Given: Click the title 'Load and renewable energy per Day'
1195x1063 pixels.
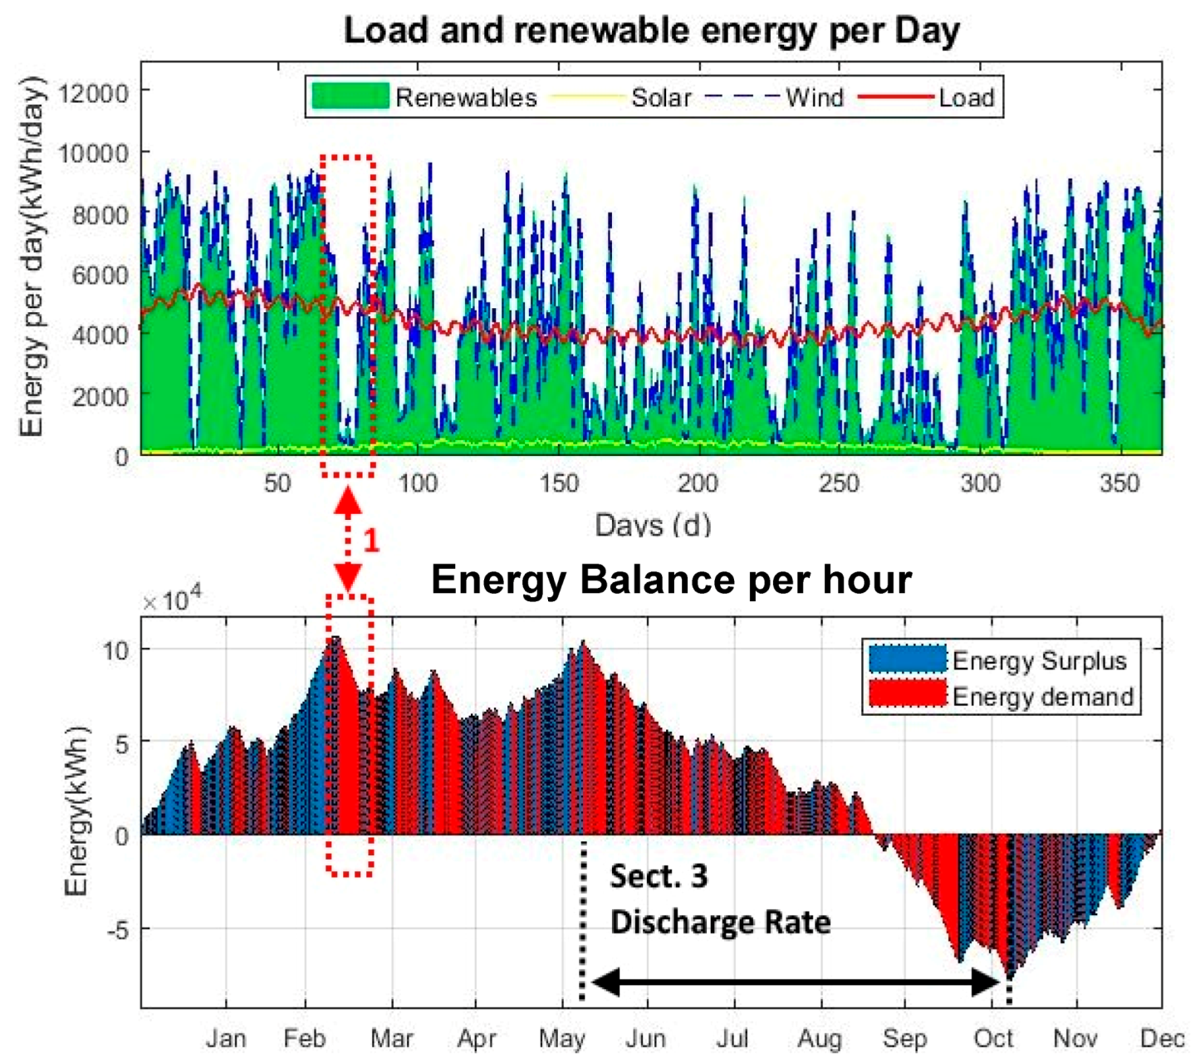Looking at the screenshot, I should [651, 31].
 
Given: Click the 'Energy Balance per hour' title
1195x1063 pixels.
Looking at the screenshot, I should [671, 579].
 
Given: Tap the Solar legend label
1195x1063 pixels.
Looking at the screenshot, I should [661, 98].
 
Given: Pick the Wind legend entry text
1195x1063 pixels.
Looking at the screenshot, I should [814, 98].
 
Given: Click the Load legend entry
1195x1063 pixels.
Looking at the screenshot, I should [966, 98].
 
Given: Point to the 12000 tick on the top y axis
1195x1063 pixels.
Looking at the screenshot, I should [98, 92].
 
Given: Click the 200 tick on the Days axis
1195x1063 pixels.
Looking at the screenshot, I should [698, 483].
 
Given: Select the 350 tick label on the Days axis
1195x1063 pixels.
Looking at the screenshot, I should [1119, 483].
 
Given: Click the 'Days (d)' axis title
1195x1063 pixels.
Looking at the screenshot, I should [653, 525].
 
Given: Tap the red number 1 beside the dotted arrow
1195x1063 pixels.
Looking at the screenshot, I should [371, 541].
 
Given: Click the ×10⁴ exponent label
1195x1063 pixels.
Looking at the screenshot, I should [172, 600].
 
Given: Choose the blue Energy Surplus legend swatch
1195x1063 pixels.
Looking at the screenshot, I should [907, 660].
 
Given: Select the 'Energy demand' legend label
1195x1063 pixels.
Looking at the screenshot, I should [1042, 696].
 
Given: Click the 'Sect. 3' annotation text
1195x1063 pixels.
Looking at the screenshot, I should [659, 877].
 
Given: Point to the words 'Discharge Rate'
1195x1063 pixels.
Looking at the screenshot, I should [720, 923].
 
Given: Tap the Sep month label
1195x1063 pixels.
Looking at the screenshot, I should [904, 1038].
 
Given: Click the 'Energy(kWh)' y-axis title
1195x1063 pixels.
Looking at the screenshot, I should [76, 811].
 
